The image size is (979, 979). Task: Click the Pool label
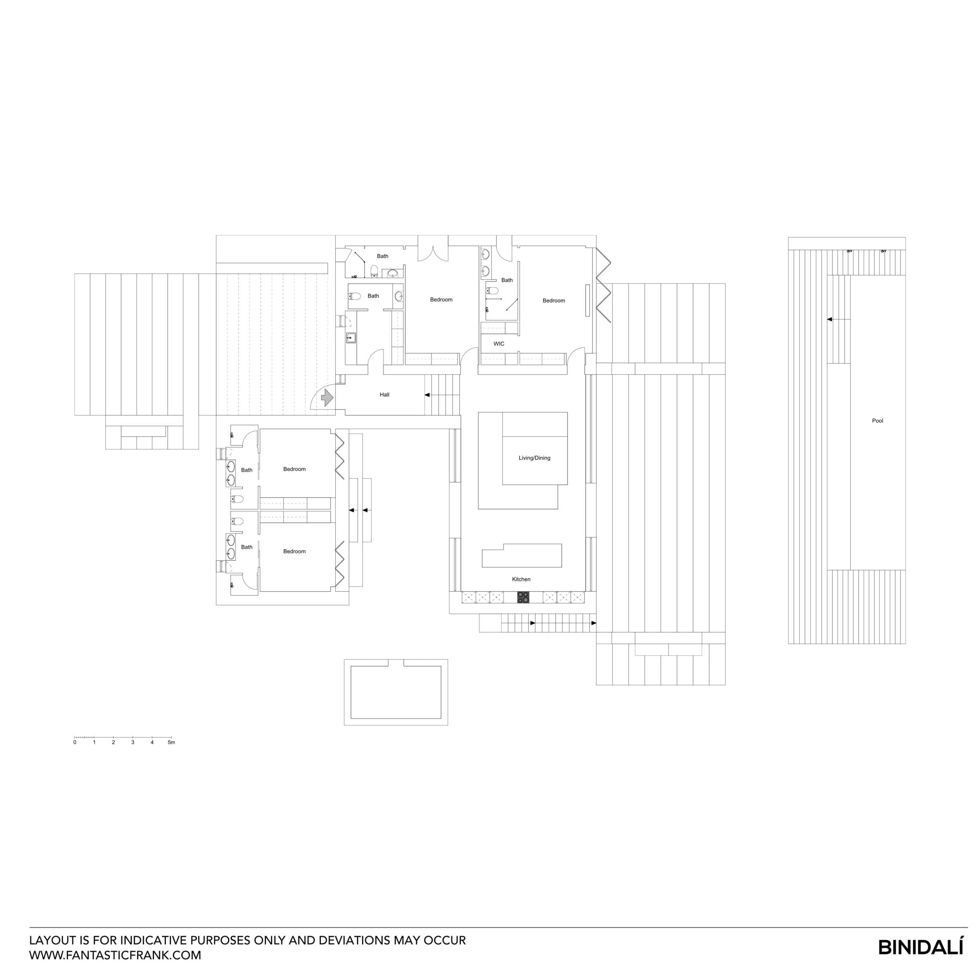coord(877,421)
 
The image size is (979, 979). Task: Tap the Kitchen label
coord(521,579)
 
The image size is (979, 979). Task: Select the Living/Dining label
coord(534,458)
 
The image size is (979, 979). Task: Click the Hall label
coord(385,395)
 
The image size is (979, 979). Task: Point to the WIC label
coord(499,343)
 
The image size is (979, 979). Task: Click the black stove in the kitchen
coord(523,598)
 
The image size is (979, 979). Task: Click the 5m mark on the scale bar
coord(171,742)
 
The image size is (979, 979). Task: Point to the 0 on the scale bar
coord(75,742)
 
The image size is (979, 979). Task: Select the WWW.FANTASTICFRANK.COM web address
coord(115,955)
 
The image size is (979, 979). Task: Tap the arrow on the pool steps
coord(829,319)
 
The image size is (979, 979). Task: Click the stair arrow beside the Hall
coord(427,395)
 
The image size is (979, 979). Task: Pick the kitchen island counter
coord(522,556)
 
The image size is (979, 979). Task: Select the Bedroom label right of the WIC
coord(553,300)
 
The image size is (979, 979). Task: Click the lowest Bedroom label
coord(294,551)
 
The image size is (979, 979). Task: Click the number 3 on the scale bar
coord(133,742)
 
